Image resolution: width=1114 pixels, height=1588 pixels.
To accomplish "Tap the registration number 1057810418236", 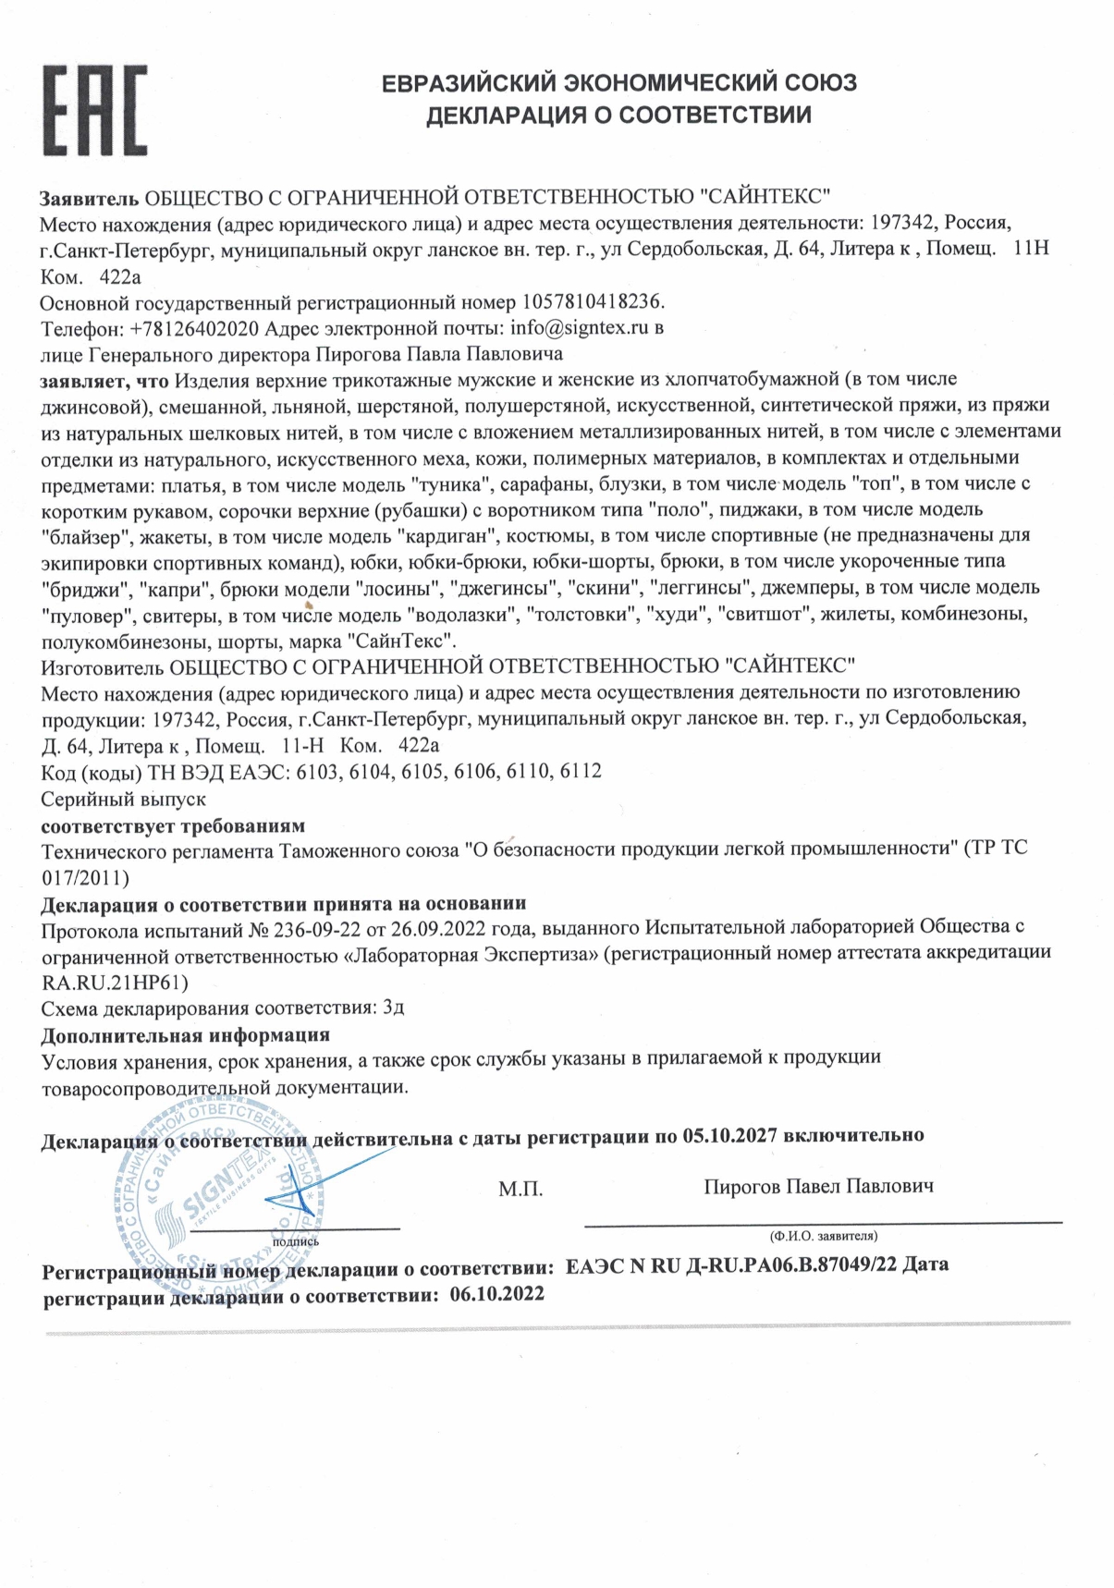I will click(593, 301).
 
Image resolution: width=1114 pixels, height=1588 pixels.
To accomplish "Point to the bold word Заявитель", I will click(89, 197).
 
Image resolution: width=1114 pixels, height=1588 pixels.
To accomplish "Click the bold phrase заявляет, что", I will click(104, 379).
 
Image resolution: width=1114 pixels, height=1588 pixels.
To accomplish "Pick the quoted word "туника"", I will click(448, 483).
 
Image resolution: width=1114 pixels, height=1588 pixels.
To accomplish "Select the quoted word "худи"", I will click(675, 614).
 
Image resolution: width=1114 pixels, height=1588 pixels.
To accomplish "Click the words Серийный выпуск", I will click(124, 798).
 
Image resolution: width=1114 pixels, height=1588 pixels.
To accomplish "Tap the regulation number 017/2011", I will click(86, 874).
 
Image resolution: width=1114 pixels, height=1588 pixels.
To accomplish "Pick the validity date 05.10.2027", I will click(729, 1135).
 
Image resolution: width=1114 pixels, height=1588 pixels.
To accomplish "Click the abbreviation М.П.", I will click(520, 1189).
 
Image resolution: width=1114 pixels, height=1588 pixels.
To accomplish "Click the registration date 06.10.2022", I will click(497, 1294).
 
